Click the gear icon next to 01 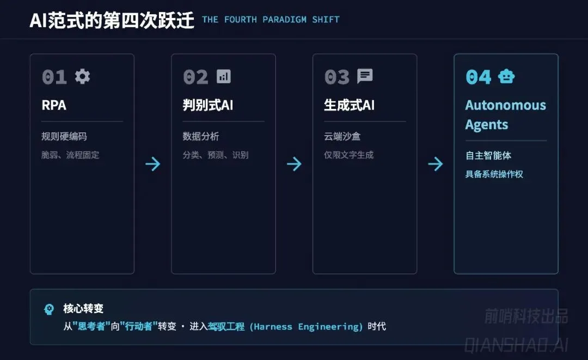(82, 76)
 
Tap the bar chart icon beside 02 (223, 76)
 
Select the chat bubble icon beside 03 (365, 76)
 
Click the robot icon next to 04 (506, 77)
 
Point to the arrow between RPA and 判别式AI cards (153, 164)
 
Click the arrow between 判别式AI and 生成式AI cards (294, 164)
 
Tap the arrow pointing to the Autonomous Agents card (435, 164)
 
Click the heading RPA (54, 105)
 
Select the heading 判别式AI (208, 105)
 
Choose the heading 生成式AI (349, 105)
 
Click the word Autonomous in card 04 (505, 105)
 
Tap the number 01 (54, 77)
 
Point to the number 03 (337, 77)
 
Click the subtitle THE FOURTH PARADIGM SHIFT (271, 20)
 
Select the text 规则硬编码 (64, 136)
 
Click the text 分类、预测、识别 (215, 155)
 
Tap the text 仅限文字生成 (348, 155)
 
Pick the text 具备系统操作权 (494, 174)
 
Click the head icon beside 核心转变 (49, 309)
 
